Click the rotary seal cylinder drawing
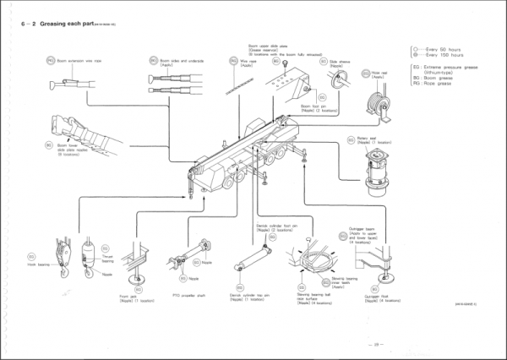(372, 172)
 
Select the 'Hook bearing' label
(41, 264)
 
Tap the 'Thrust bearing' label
(107, 259)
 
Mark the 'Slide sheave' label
(340, 62)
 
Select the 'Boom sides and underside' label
(183, 61)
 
